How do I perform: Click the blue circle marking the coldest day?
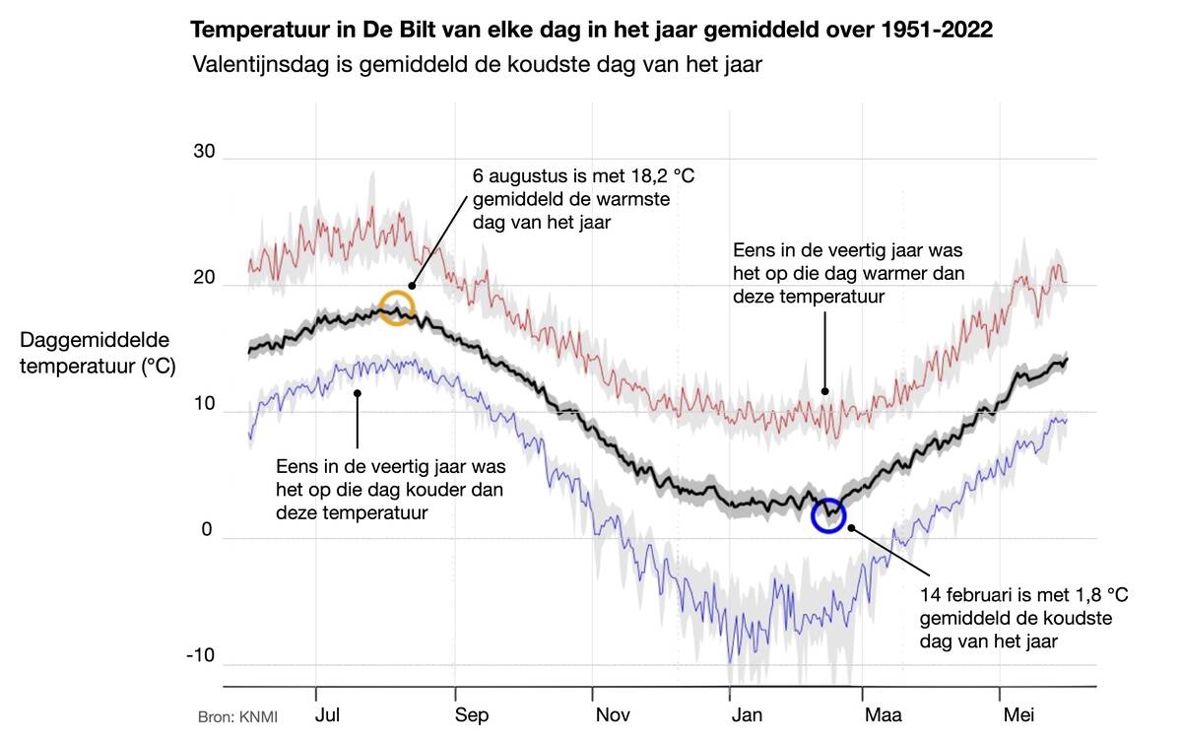coord(828,514)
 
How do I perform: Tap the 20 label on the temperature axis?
coord(204,279)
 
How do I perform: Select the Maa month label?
coord(882,715)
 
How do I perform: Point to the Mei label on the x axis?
coord(1018,715)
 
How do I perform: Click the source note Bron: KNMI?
coord(237,716)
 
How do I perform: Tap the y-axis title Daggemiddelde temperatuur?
coord(97,354)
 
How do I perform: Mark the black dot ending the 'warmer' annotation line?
coord(825,391)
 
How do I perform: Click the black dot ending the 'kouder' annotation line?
coord(358,391)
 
